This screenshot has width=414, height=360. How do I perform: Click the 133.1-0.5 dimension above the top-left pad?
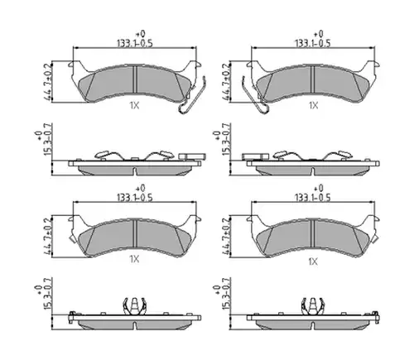[x=134, y=43]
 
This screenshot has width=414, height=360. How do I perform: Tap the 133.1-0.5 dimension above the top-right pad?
[x=312, y=43]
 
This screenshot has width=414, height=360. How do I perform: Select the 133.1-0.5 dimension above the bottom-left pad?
[x=134, y=198]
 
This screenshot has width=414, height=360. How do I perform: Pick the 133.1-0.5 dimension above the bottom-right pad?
[x=312, y=198]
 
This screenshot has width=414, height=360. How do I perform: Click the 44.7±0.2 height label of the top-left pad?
[x=47, y=82]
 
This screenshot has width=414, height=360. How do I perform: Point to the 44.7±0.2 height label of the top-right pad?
[x=225, y=82]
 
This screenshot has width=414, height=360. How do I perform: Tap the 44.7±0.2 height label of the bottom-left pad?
[x=47, y=237]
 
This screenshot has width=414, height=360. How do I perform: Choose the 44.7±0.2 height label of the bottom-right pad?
[x=225, y=237]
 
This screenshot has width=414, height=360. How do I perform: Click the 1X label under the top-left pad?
[x=135, y=105]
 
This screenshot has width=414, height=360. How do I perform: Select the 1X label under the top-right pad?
[x=313, y=105]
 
